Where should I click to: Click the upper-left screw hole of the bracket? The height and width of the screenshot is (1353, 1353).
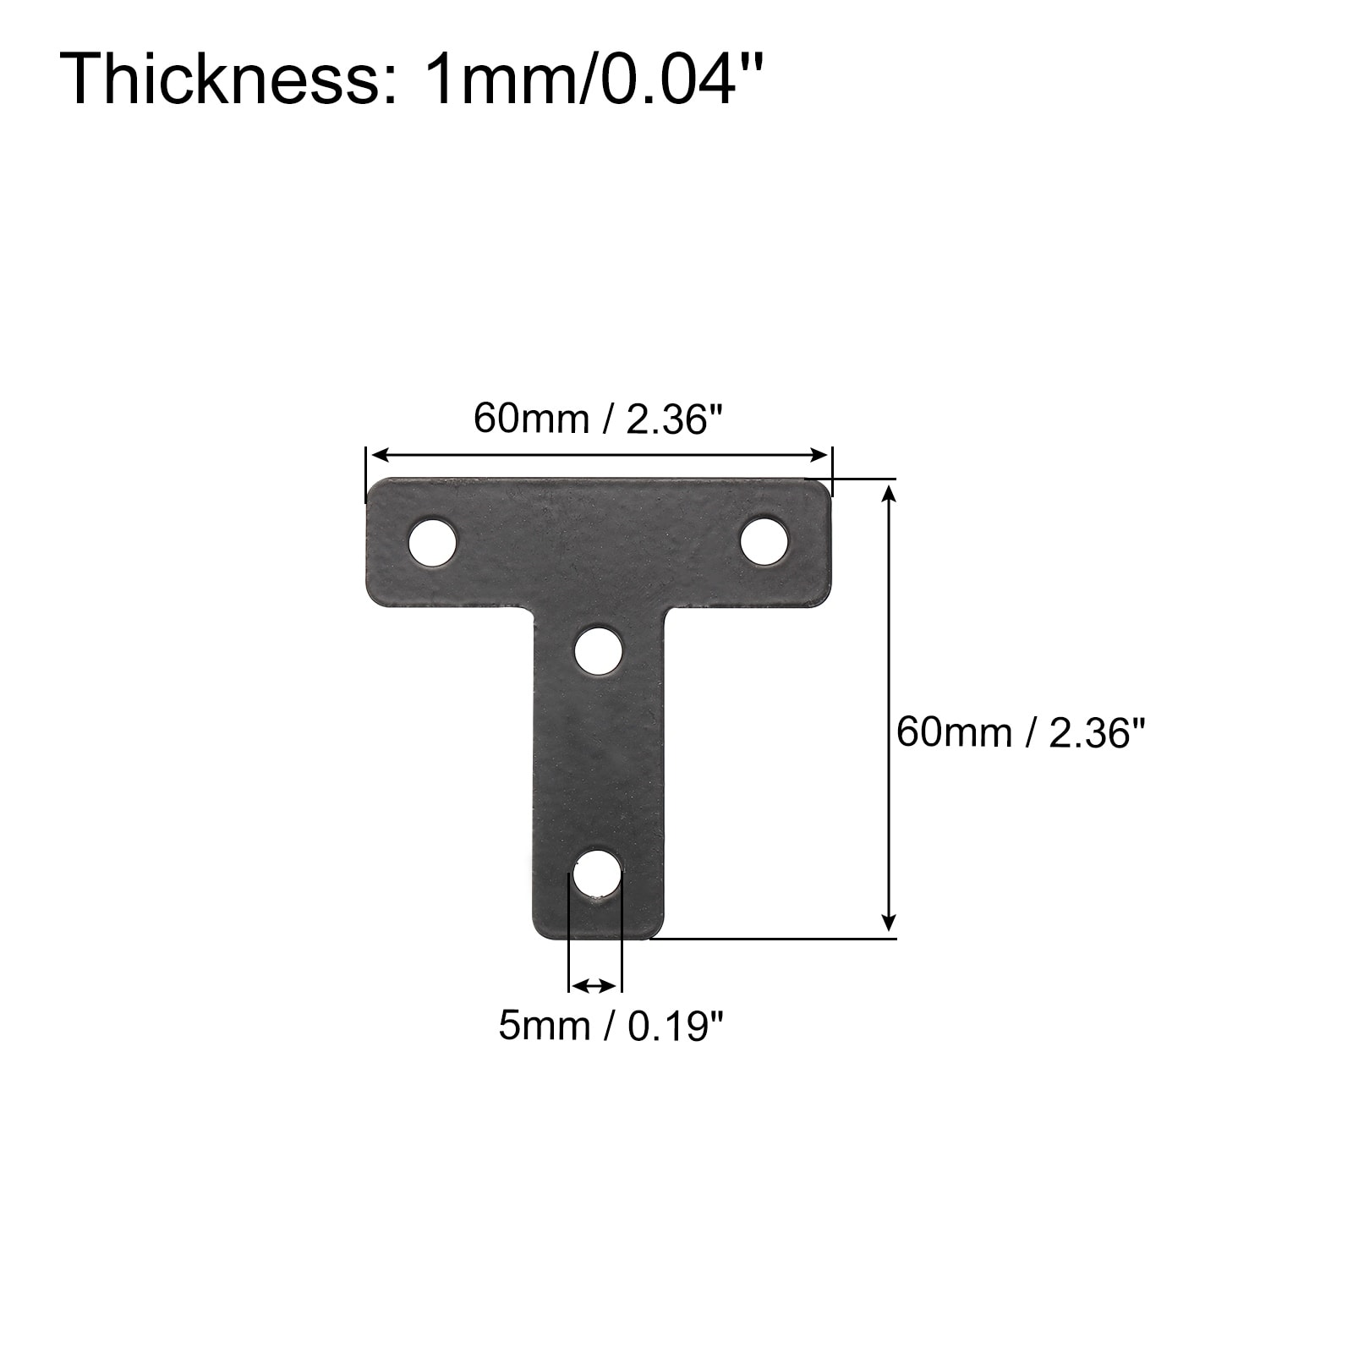coord(432,541)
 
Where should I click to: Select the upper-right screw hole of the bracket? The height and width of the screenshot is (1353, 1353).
coord(765,540)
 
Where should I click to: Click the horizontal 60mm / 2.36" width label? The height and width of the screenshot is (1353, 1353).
coord(599,418)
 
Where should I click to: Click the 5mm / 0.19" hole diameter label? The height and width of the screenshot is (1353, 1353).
coord(611,1027)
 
